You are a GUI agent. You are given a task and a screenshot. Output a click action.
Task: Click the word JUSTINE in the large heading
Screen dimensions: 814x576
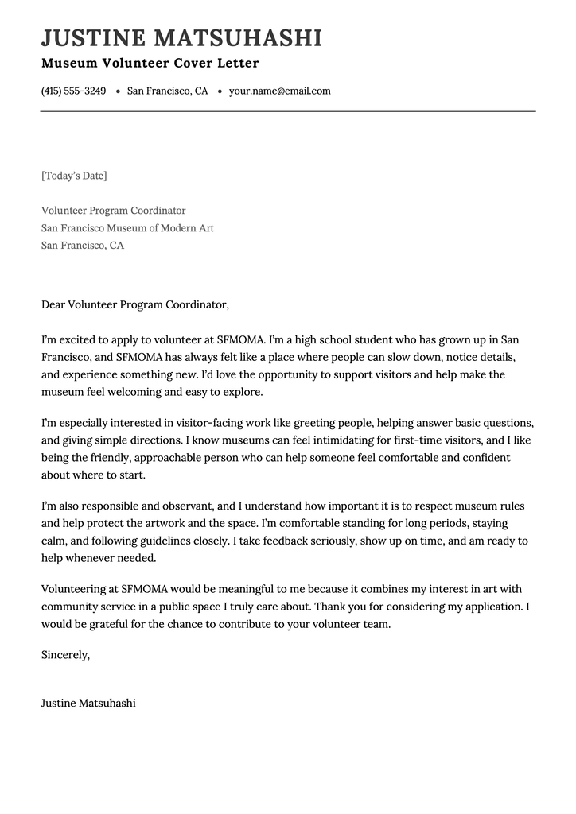tap(93, 38)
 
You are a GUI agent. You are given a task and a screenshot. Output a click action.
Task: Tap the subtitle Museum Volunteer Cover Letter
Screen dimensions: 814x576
tap(150, 64)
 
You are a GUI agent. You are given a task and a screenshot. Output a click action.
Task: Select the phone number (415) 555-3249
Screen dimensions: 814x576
tap(73, 91)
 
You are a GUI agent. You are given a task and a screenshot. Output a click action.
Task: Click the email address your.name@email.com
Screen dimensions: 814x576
tap(279, 91)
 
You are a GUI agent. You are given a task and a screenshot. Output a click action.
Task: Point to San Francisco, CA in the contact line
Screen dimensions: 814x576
tap(167, 91)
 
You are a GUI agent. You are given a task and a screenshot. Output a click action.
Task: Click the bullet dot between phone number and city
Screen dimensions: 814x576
tap(118, 92)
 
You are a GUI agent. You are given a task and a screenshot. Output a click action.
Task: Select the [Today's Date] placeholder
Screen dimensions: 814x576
tap(74, 176)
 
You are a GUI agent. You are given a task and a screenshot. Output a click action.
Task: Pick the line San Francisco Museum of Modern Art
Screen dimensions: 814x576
tap(127, 228)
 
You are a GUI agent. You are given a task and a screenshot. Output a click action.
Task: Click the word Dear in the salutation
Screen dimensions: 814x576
tap(53, 304)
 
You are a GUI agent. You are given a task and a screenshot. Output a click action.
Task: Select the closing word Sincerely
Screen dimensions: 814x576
tap(65, 655)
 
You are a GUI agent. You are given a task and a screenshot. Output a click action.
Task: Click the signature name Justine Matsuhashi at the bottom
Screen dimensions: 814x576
tap(88, 704)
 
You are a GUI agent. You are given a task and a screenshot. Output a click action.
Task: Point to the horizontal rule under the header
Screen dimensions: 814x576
tap(288, 111)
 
